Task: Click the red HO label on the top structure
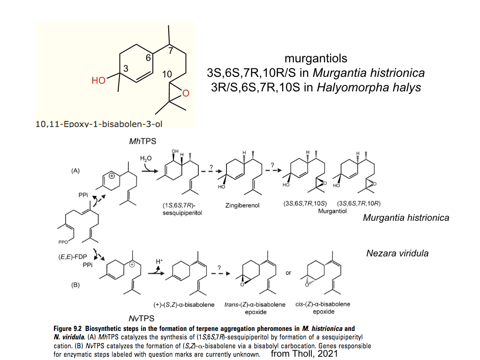98,81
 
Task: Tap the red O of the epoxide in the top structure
186,93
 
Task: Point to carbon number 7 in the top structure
171,50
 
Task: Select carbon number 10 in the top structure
167,74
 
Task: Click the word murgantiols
316,58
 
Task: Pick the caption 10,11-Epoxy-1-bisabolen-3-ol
99,124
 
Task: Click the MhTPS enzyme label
142,141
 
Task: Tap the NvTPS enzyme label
142,318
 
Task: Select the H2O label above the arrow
146,158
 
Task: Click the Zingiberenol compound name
242,205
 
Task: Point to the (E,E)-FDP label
73,257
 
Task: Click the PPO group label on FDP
63,242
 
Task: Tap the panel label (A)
75,171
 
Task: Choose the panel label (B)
75,285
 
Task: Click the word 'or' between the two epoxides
288,273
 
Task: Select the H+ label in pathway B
159,262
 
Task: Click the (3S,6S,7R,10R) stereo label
359,203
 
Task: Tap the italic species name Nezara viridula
397,253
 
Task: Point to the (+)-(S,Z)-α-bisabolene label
184,305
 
